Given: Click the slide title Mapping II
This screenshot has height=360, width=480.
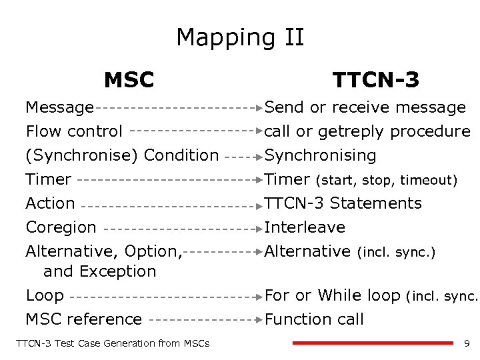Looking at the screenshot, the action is [240, 37].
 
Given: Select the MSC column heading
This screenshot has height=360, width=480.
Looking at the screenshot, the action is [129, 80].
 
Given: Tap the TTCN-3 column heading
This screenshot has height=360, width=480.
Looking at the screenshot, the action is [376, 80].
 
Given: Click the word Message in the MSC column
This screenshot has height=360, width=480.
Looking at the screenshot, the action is [59, 107].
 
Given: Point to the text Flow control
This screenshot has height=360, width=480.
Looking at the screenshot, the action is [74, 131].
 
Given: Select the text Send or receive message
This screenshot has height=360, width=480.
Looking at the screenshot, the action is [365, 107].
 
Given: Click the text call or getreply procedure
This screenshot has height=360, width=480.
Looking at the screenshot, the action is [367, 131].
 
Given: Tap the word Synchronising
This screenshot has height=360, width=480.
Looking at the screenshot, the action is [321, 155].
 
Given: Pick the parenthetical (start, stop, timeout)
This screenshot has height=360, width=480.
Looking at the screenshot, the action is [387, 180].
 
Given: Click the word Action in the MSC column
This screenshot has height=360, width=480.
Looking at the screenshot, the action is [50, 203].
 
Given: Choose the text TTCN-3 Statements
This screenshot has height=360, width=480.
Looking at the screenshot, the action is [343, 203].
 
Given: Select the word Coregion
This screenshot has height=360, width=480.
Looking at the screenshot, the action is [61, 227].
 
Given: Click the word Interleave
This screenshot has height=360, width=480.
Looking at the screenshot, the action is [305, 227].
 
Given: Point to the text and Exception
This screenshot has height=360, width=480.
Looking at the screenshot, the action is [99, 271].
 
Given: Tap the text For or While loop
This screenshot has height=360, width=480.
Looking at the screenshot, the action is [332, 295].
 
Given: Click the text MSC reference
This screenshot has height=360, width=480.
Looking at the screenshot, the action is [83, 319].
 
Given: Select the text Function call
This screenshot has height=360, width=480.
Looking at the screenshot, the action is [314, 319].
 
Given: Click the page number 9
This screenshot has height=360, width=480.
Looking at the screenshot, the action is [467, 343].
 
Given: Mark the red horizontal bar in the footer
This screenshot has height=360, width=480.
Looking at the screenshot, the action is [373, 343].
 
